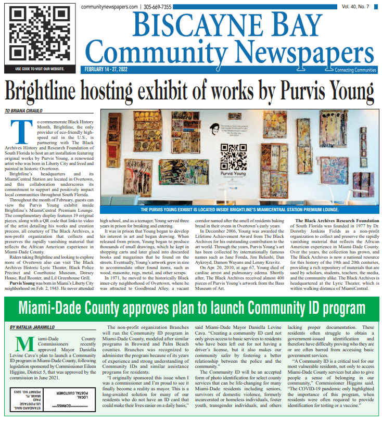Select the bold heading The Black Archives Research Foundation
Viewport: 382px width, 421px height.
[x=338, y=221]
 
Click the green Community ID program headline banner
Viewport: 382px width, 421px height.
[x=191, y=307]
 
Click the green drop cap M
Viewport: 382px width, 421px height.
[x=22, y=346]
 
